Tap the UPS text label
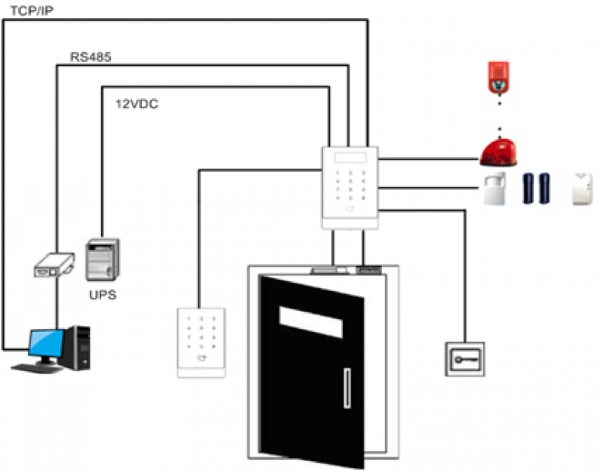[x=103, y=295]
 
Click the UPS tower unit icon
[x=103, y=260]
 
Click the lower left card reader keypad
[x=200, y=342]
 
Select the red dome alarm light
[x=498, y=153]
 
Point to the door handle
[x=347, y=387]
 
